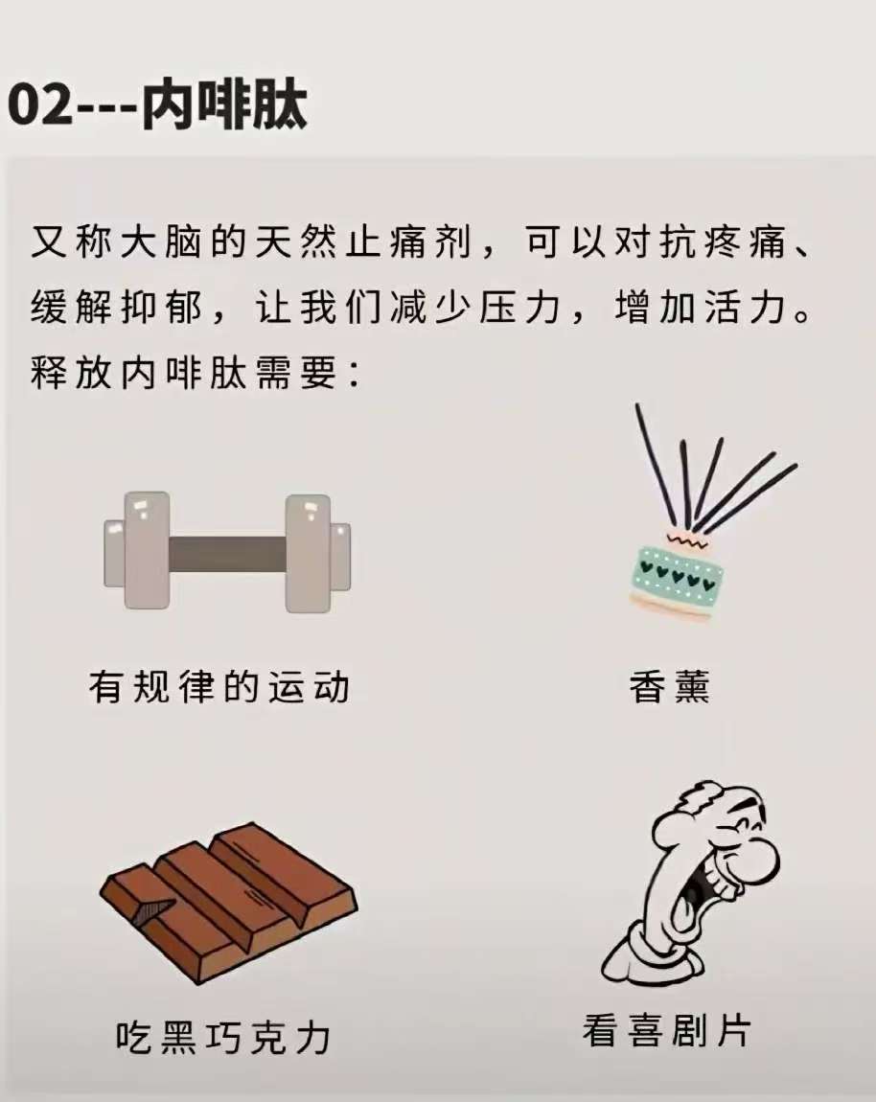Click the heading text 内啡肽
click(225, 105)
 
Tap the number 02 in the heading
click(39, 106)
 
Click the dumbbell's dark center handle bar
click(227, 552)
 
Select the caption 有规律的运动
click(219, 687)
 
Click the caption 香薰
click(669, 687)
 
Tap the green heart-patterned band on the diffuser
click(678, 573)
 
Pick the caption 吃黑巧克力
click(223, 1038)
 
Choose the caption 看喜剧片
click(666, 1031)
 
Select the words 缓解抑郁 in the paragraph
click(117, 308)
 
